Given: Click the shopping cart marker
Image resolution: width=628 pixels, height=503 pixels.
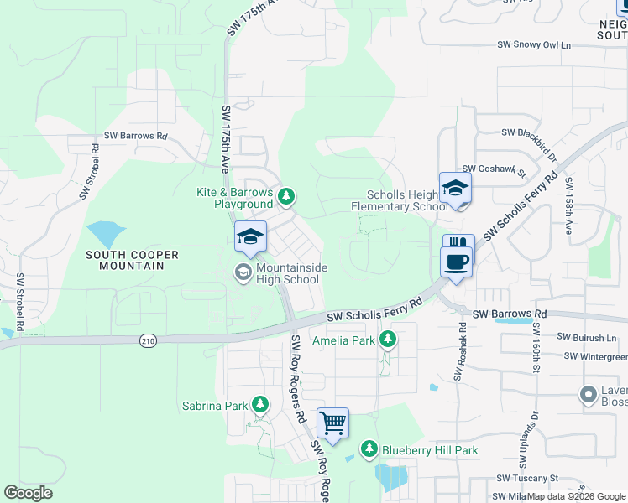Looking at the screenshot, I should click(332, 423).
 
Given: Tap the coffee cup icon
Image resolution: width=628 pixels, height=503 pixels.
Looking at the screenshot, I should click(457, 262).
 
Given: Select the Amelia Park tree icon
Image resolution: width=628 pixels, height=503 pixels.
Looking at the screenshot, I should click(387, 340).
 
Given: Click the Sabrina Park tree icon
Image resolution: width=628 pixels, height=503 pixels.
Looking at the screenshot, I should click(259, 406).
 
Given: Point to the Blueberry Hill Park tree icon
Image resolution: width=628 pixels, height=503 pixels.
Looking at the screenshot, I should click(369, 449).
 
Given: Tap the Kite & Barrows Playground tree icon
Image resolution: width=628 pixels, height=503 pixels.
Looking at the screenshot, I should click(287, 196).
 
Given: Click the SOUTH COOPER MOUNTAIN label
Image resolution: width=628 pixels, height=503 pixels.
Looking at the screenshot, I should click(124, 259).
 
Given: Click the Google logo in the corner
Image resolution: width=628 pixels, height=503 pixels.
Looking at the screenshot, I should click(28, 493).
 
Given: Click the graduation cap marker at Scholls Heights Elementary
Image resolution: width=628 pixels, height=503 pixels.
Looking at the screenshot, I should click(455, 188).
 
